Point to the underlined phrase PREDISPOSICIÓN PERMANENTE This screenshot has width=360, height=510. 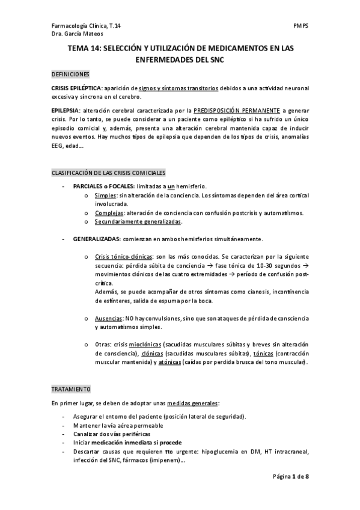click(x=237, y=111)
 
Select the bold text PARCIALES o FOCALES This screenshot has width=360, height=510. click(x=103, y=187)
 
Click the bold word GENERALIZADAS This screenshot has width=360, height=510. click(x=96, y=239)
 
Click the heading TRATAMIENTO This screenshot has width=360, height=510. click(x=71, y=389)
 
